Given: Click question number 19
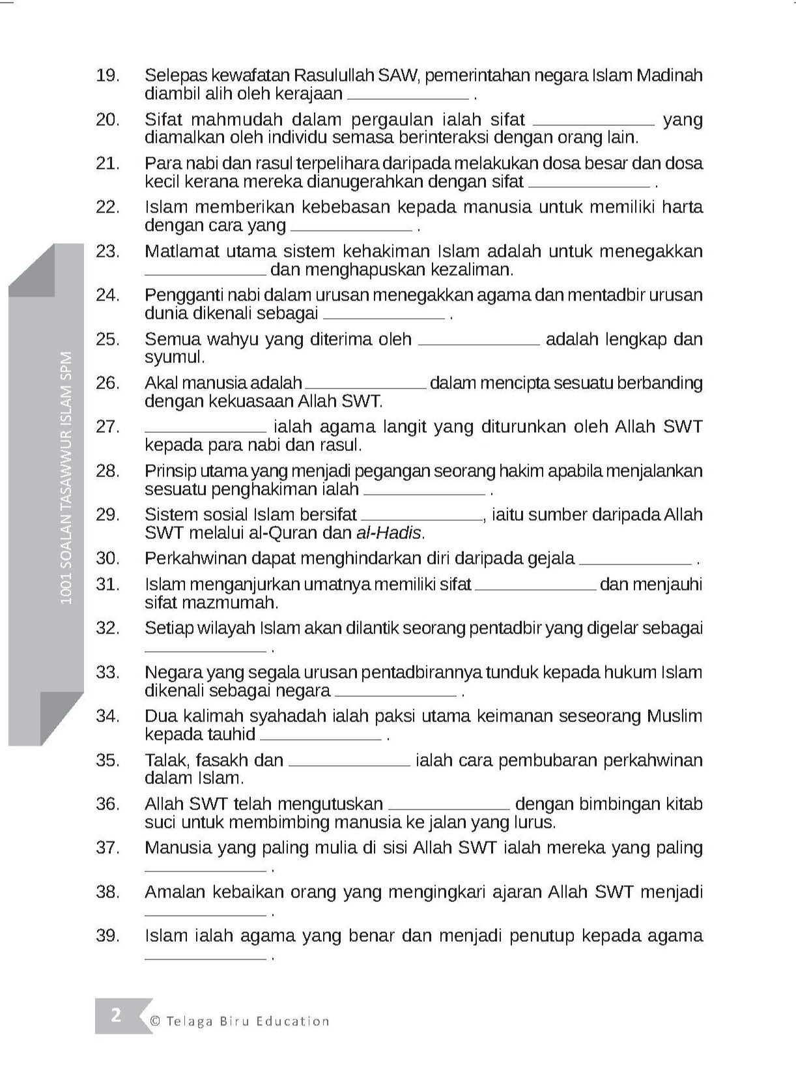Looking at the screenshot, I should point(107,76).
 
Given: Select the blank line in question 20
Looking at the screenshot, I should point(593,123).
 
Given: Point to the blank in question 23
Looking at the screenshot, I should point(205,273).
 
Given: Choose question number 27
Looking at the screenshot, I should point(107,427).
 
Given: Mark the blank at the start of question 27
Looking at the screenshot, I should point(205,431).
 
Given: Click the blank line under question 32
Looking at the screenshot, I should point(205,650).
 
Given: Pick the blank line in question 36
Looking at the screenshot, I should point(448,808).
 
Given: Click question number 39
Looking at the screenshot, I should point(107,936).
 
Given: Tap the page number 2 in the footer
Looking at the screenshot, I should point(116,1015).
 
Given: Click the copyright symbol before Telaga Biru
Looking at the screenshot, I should point(155,1021).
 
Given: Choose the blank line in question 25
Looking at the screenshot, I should point(478,343).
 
